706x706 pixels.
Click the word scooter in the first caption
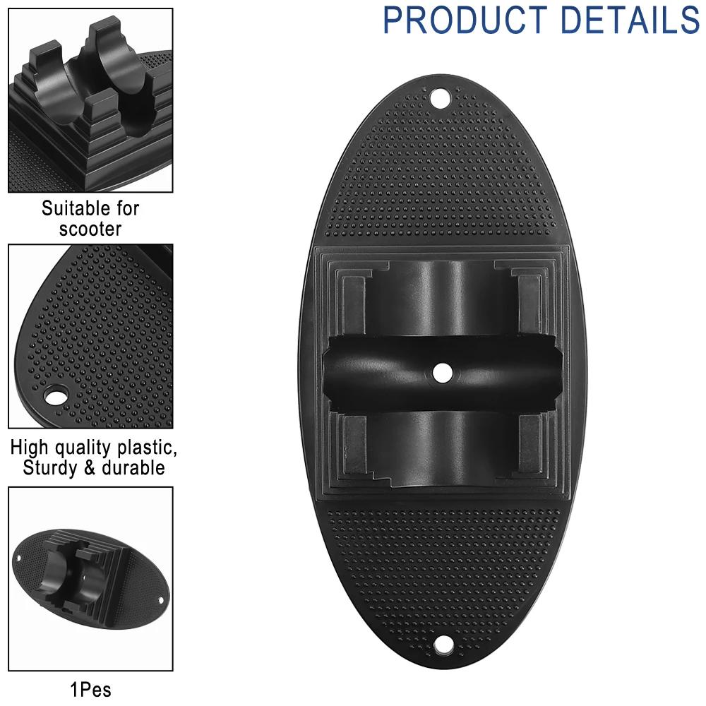pos(90,229)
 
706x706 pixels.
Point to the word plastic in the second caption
pos(141,448)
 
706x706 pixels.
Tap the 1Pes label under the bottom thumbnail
pos(90,688)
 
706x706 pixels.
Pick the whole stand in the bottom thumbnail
pos(90,576)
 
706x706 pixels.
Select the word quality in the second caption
pos(82,448)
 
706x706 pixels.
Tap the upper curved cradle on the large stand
pos(441,297)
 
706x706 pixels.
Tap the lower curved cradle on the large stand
pos(441,445)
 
